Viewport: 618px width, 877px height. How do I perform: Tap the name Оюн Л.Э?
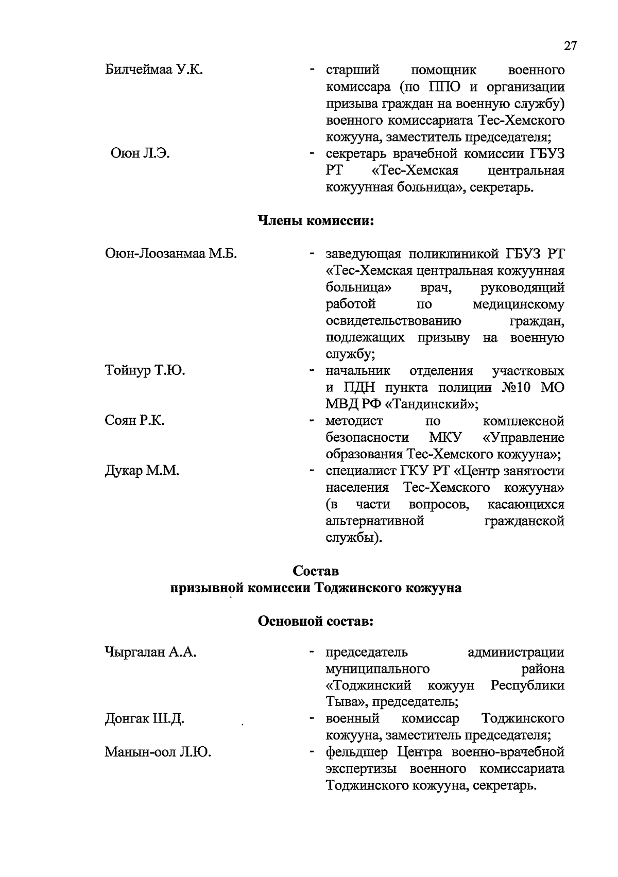(x=140, y=154)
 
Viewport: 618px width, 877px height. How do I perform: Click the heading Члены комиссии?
(x=315, y=221)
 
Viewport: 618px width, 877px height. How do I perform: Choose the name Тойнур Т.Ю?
(x=145, y=371)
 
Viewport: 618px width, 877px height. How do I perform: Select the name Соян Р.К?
(x=135, y=421)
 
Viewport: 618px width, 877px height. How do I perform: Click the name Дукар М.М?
(x=142, y=471)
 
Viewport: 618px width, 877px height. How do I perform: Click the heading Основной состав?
(x=315, y=621)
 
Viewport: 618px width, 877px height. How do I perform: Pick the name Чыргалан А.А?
(x=150, y=652)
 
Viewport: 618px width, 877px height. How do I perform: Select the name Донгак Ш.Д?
(x=145, y=719)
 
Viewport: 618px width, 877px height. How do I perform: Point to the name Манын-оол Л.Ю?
(x=158, y=752)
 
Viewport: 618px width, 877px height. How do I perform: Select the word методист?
(x=354, y=421)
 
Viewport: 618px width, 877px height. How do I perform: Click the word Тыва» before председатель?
(x=346, y=702)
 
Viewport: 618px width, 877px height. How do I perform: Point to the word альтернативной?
(x=375, y=521)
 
